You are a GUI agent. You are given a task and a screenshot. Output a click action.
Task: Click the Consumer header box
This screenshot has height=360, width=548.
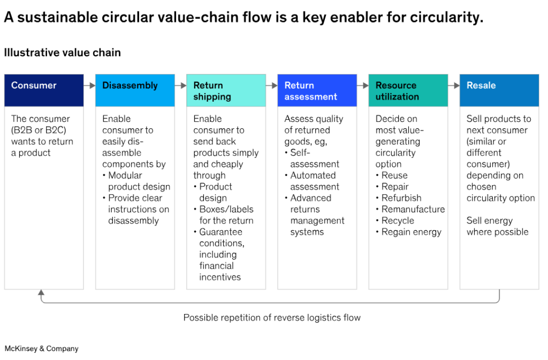click(x=44, y=90)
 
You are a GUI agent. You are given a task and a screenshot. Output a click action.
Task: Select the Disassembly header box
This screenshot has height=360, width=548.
click(x=135, y=90)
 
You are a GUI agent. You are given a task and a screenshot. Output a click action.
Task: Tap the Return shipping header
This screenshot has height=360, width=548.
click(x=226, y=90)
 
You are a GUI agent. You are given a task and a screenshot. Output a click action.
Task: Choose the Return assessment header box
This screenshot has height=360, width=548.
click(x=317, y=90)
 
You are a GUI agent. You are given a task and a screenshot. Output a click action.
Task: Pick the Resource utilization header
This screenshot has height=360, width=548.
click(x=408, y=90)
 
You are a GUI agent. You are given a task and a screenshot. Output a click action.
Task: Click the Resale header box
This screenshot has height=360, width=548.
click(x=499, y=90)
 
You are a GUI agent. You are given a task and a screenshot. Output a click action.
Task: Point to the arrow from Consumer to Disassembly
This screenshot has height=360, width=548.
click(x=89, y=86)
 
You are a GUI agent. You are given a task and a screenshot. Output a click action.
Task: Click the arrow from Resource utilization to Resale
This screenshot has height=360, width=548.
click(x=454, y=86)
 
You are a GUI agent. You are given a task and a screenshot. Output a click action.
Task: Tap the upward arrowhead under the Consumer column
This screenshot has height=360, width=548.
click(x=41, y=293)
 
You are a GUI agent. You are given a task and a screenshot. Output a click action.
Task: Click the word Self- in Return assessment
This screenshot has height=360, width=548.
click(x=300, y=152)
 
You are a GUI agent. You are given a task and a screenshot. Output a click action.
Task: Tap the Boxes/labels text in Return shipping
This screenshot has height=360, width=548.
click(x=226, y=209)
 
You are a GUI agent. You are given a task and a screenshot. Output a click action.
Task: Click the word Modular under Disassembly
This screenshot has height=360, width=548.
click(x=125, y=175)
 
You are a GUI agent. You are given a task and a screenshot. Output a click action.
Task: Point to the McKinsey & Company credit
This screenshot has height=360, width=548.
click(x=42, y=348)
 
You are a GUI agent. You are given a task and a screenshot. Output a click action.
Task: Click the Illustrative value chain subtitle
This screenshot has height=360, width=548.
click(x=62, y=52)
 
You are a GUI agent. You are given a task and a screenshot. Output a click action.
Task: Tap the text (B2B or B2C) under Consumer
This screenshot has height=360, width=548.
click(x=39, y=130)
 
